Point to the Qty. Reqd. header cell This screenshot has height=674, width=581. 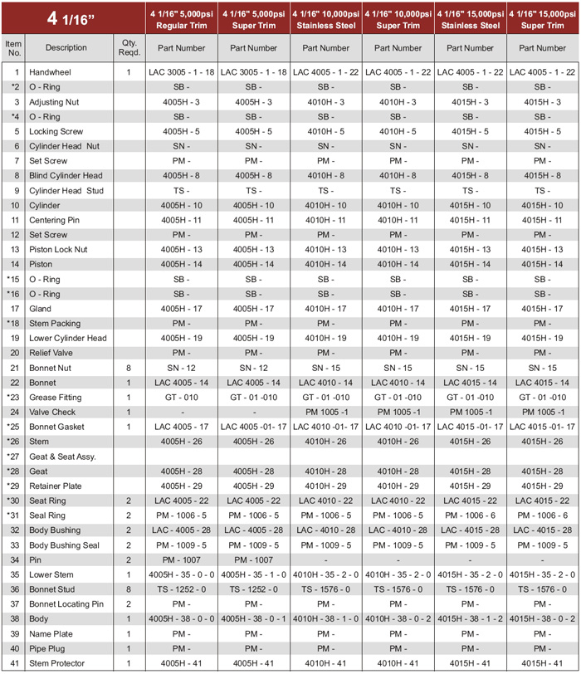pos(128,47)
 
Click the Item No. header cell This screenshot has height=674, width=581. pos(13,47)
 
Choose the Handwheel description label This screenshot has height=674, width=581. pos(49,72)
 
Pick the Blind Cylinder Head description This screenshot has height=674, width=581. pos(66,175)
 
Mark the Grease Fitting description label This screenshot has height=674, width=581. pos(55,397)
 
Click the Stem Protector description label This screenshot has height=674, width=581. pos(57,663)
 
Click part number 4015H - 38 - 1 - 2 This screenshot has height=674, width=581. pos(471,618)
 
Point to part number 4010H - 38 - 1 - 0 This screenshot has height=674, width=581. pos(326,618)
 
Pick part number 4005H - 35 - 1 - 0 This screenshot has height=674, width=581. pos(254,574)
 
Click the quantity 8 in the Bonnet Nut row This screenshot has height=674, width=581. pos(129,368)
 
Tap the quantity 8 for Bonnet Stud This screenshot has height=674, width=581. pos(129,589)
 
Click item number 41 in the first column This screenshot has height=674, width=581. pos(14,663)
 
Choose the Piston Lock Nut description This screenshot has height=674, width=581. pos(60,249)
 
